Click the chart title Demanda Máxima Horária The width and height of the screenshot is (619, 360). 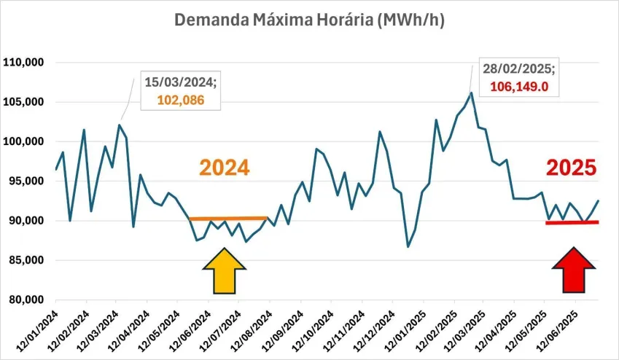pyautogui.click(x=309, y=20)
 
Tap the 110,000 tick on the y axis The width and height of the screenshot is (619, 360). pyautogui.click(x=24, y=63)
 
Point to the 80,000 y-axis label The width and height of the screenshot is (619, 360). pyautogui.click(x=26, y=300)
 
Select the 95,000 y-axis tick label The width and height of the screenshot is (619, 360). pyautogui.click(x=26, y=181)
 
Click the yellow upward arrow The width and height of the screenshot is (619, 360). pyautogui.click(x=225, y=270)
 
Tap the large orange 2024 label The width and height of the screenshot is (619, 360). pyautogui.click(x=225, y=168)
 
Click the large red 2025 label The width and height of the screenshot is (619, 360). pyautogui.click(x=572, y=168)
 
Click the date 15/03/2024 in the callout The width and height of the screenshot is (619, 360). pyautogui.click(x=179, y=83)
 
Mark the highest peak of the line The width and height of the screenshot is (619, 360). pyautogui.click(x=472, y=93)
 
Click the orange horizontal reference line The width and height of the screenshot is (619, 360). pyautogui.click(x=228, y=218)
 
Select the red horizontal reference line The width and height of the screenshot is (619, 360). pyautogui.click(x=572, y=222)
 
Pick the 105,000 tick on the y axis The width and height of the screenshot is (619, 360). pyautogui.click(x=24, y=102)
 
